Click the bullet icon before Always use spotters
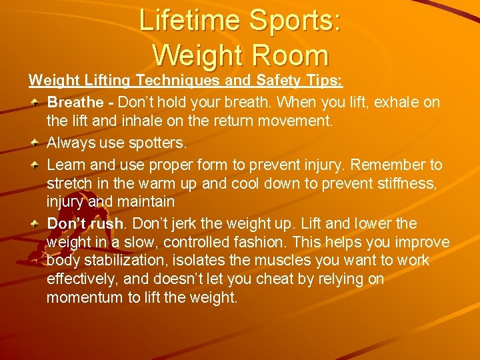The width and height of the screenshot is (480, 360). (x=36, y=143)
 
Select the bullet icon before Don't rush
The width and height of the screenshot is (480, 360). (x=36, y=223)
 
